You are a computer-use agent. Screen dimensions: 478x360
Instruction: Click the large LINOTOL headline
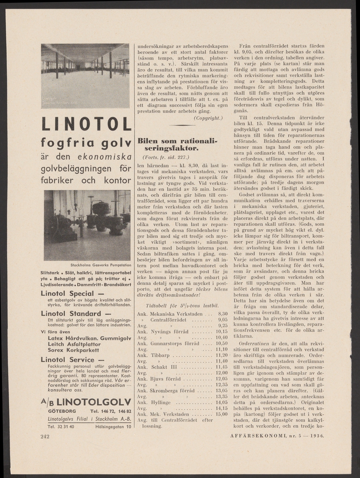(x=86, y=124)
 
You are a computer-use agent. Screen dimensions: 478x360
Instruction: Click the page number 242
(x=45, y=437)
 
